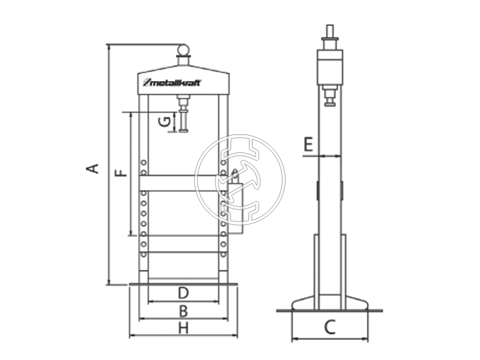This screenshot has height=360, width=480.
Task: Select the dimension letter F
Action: click(121, 173)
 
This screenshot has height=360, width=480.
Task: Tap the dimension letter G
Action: click(164, 122)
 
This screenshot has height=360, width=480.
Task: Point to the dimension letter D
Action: click(183, 293)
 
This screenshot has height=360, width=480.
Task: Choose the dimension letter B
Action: click(183, 311)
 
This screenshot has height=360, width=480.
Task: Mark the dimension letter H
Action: click(183, 328)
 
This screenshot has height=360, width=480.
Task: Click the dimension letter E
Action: click(308, 145)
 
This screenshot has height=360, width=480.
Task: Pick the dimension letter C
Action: click(329, 327)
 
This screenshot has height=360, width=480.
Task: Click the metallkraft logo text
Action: click(172, 83)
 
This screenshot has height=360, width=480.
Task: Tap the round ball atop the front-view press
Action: click(184, 50)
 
